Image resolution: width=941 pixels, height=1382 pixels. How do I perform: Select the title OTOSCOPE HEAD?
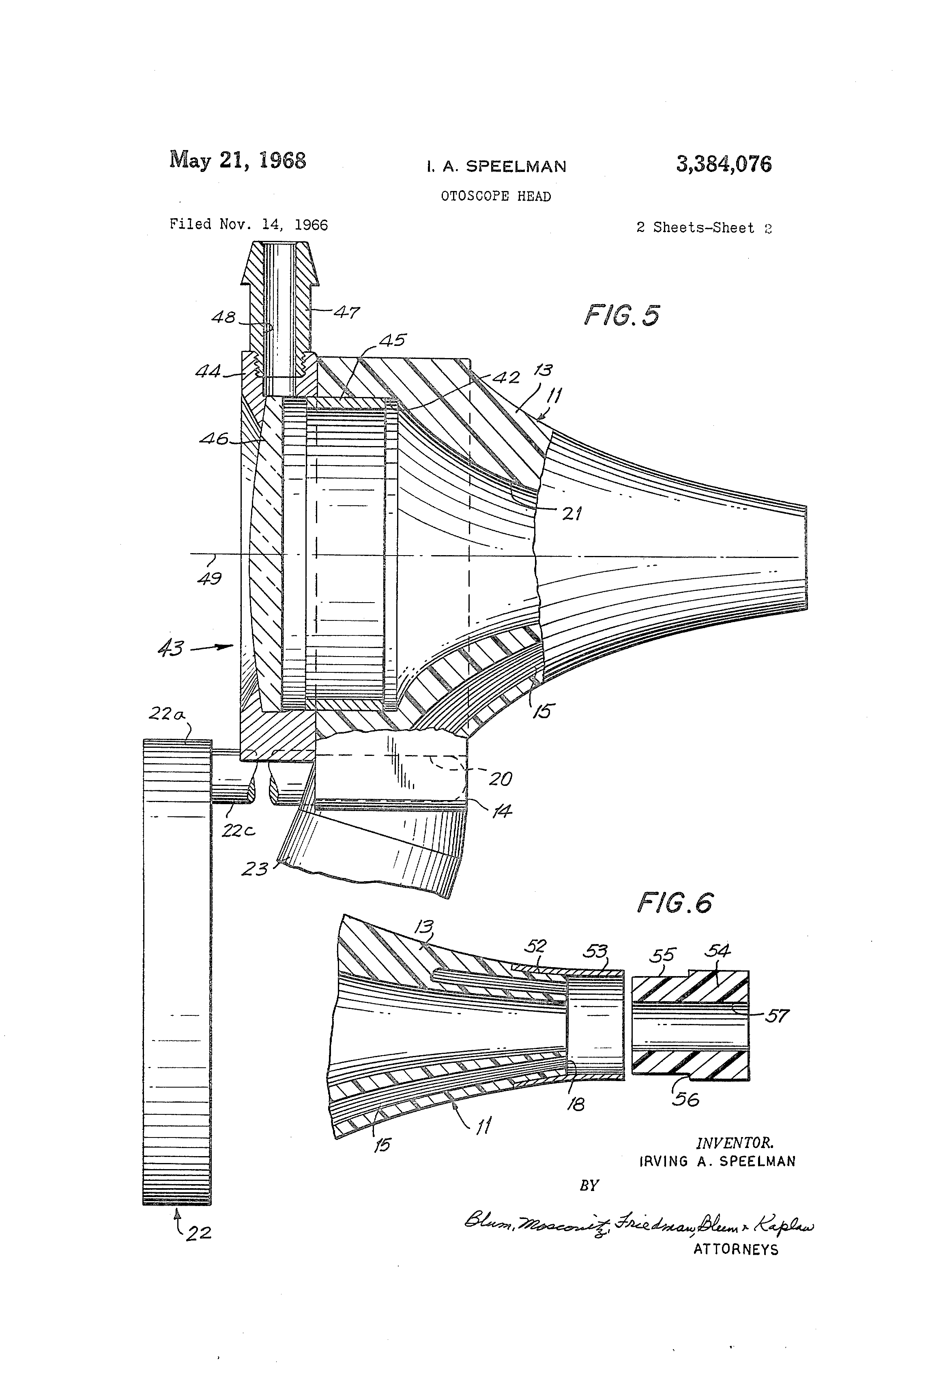[x=496, y=196]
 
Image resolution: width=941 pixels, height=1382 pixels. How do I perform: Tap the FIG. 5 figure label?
[x=621, y=315]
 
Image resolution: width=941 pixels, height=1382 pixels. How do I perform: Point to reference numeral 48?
[x=223, y=318]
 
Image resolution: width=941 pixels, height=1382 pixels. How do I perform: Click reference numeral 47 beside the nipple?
[x=346, y=312]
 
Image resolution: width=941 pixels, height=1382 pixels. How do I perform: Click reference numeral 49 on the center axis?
[x=209, y=577]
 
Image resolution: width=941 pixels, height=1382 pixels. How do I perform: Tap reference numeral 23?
[x=255, y=869]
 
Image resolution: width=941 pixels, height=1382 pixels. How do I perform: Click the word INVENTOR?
[x=735, y=1142]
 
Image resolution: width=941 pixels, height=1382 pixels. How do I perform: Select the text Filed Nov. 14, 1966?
[x=249, y=225]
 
